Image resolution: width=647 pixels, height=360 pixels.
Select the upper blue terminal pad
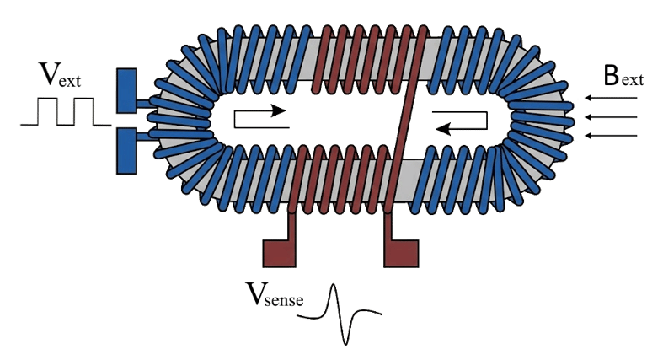pos(126,91)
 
